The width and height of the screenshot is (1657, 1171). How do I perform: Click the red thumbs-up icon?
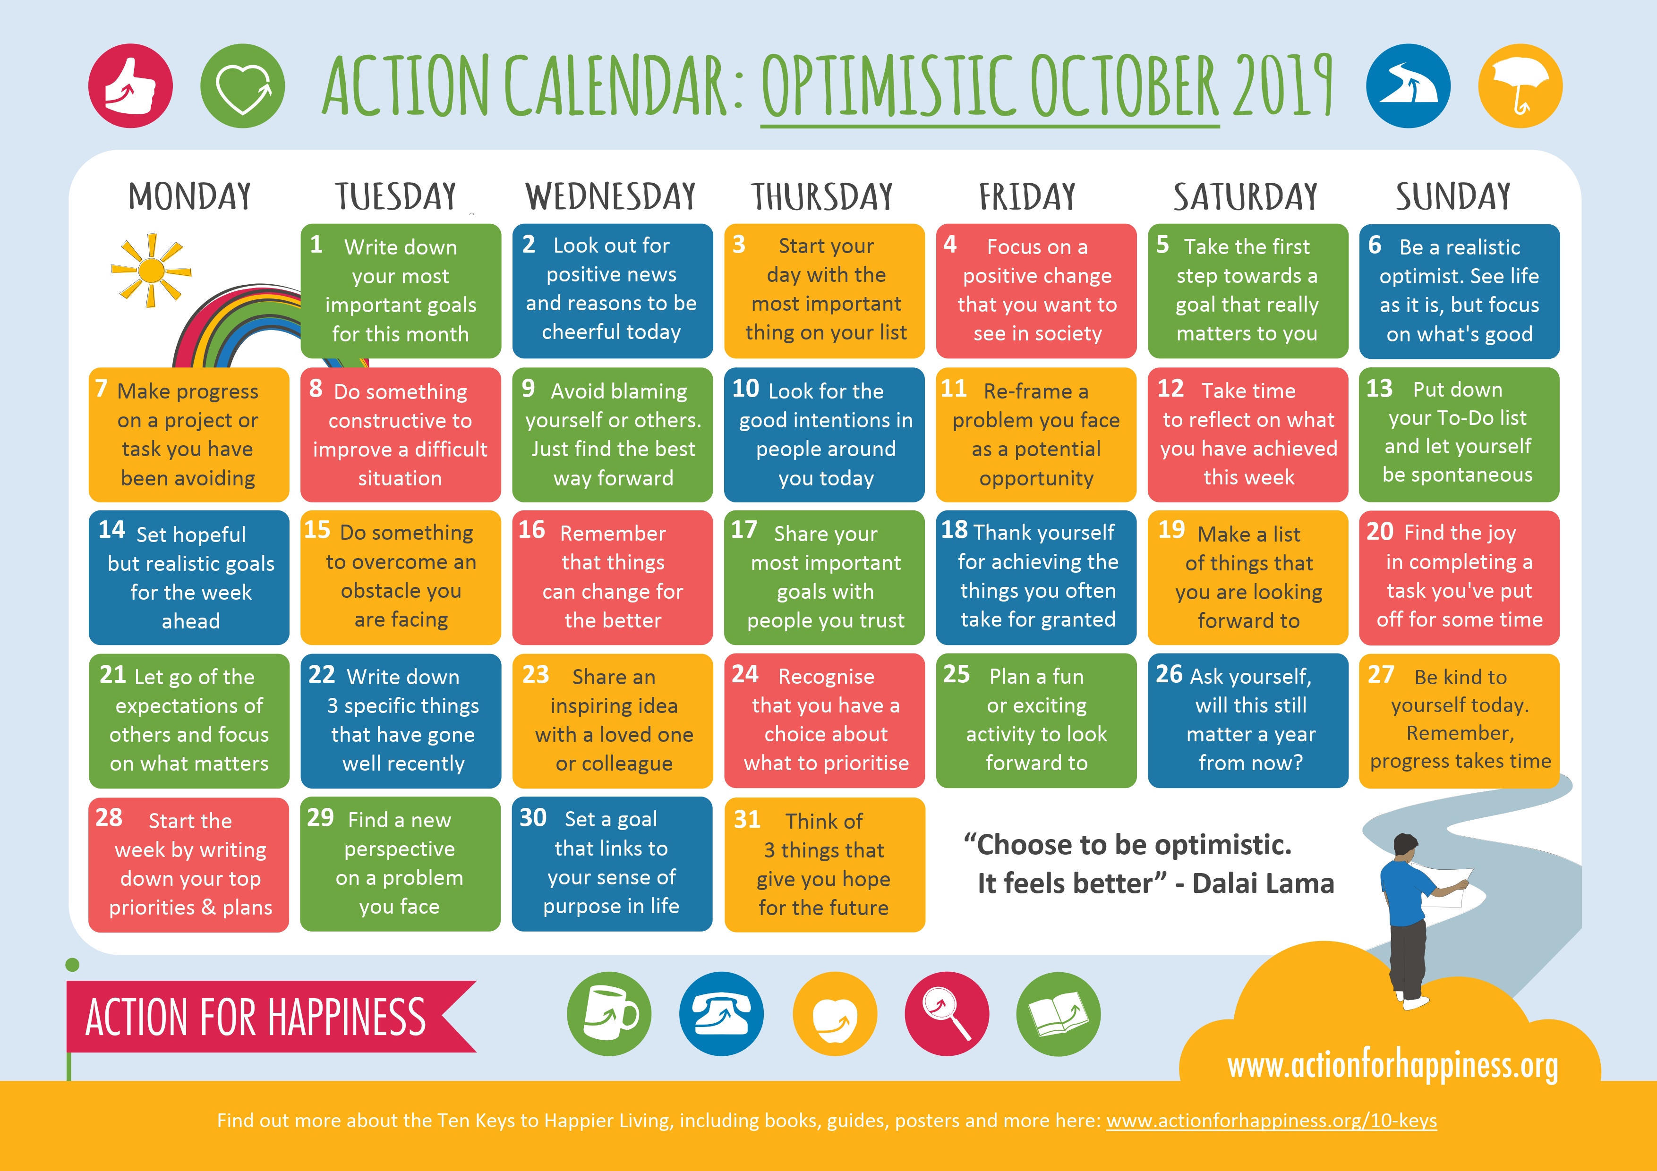[131, 86]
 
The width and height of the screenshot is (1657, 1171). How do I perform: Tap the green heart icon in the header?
[242, 86]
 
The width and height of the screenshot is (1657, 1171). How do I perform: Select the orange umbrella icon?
[1520, 86]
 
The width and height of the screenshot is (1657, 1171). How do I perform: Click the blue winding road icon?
[1408, 86]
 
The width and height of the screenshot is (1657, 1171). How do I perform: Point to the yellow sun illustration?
[151, 271]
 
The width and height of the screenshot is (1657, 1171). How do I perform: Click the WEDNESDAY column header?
[611, 197]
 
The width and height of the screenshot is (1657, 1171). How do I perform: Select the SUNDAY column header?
[1453, 197]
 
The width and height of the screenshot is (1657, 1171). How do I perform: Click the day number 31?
[747, 820]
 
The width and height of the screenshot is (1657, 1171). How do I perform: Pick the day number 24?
[745, 674]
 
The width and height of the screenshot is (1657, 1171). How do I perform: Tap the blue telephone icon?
[721, 1014]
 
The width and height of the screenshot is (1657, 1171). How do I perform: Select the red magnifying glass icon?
[947, 1014]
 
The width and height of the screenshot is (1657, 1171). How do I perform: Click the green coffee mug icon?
[609, 1014]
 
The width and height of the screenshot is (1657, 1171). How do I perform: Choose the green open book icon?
[1058, 1014]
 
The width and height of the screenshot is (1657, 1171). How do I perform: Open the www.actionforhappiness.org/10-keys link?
[1272, 1120]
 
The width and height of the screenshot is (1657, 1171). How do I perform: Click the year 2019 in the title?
[1282, 86]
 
